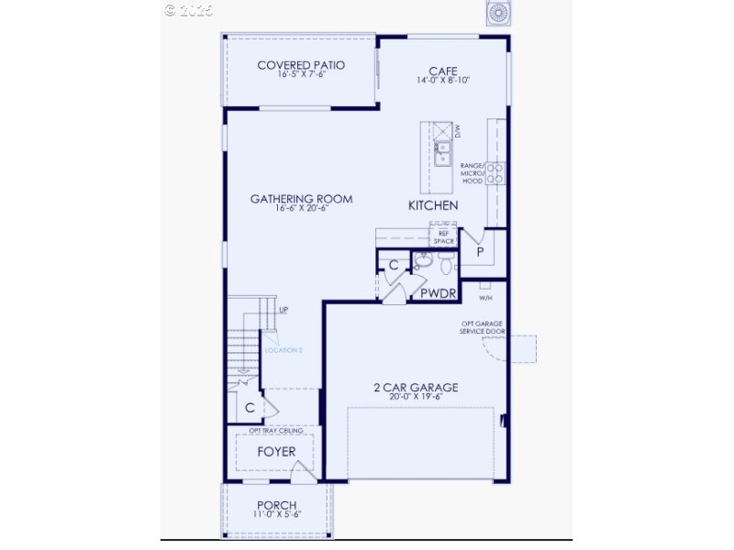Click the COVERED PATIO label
pos(301,65)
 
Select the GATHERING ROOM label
pos(301,199)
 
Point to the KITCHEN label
pos(433,206)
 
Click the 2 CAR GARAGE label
pos(416,388)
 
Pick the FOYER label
pos(275,452)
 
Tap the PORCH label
pos(276,505)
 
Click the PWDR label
pos(436,294)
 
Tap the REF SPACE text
pos(444,236)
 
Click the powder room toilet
pos(447,266)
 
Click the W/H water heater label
pos(484,296)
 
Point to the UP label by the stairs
pos(284,311)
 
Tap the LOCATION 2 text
pos(284,350)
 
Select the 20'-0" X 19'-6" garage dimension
pos(416,398)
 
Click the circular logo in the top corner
pos(498,12)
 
